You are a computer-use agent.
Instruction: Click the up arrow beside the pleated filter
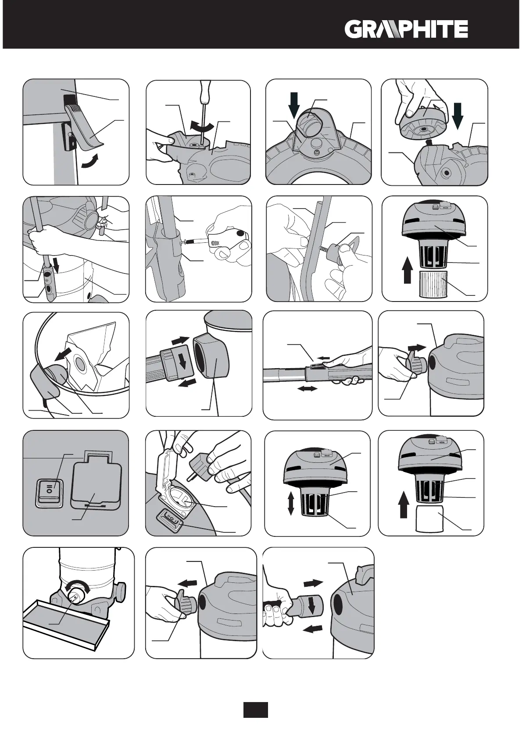pyautogui.click(x=408, y=271)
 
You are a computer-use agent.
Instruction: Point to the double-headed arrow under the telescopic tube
pyautogui.click(x=307, y=389)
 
